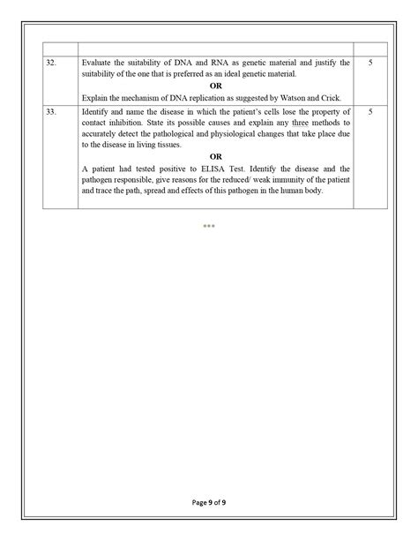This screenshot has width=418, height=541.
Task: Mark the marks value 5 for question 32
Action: tap(369, 64)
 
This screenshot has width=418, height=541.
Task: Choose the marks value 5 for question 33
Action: tap(369, 114)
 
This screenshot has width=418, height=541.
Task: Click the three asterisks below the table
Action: tap(209, 227)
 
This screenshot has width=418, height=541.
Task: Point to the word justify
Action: tap(325, 64)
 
